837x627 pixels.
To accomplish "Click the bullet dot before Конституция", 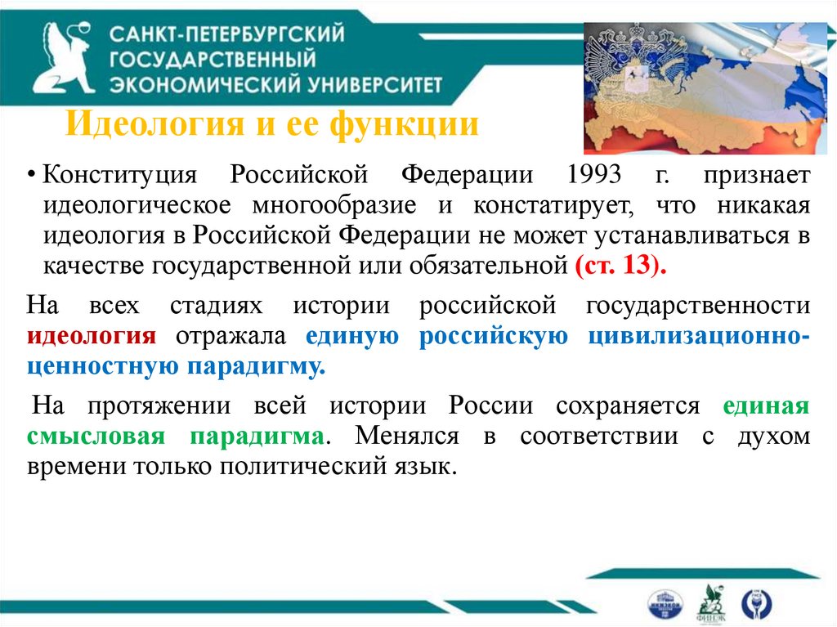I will click(x=31, y=177).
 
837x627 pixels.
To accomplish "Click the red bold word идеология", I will click(x=92, y=338).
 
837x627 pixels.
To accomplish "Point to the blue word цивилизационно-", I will click(x=699, y=338).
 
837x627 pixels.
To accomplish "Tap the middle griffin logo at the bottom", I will click(x=708, y=603).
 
